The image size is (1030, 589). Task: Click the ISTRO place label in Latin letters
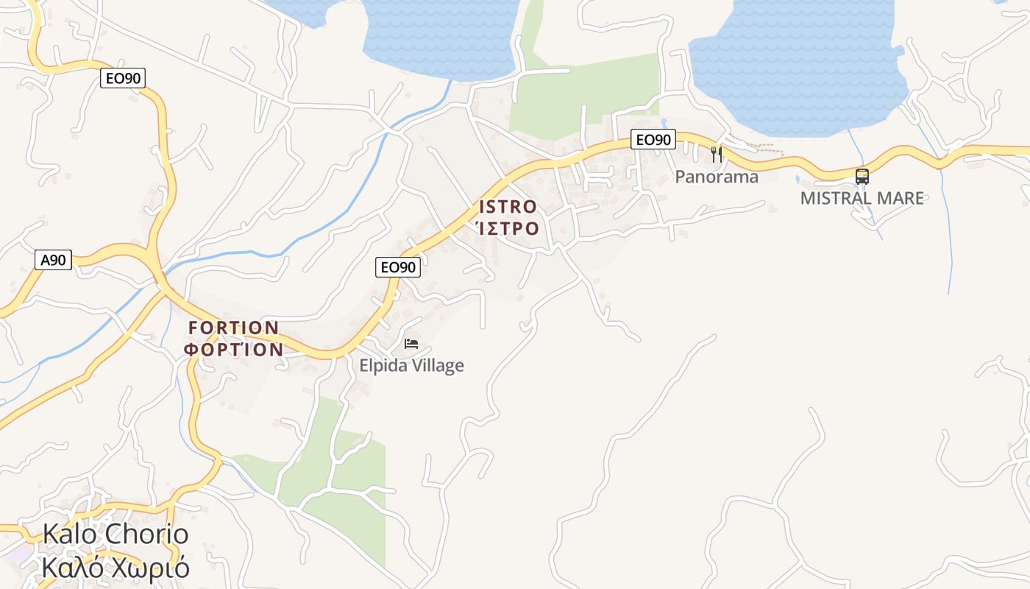pyautogui.click(x=508, y=206)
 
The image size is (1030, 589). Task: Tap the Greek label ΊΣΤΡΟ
pyautogui.click(x=508, y=228)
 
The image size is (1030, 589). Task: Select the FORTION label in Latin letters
pyautogui.click(x=234, y=328)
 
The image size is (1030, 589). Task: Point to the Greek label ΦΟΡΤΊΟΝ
pyautogui.click(x=234, y=350)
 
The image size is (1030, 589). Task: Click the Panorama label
pyautogui.click(x=717, y=177)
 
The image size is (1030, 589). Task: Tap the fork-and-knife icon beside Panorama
pyautogui.click(x=717, y=155)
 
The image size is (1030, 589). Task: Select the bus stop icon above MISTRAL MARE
pyautogui.click(x=862, y=177)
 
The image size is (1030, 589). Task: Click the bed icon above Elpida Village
pyautogui.click(x=411, y=344)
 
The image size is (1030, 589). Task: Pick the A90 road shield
pyautogui.click(x=54, y=259)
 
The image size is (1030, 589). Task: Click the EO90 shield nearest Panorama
pyautogui.click(x=653, y=139)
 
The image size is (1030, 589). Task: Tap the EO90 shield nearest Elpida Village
pyautogui.click(x=398, y=267)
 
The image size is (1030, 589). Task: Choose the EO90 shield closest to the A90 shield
pyautogui.click(x=123, y=78)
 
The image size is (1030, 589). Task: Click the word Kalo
pyautogui.click(x=71, y=534)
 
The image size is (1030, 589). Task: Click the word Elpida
pyautogui.click(x=384, y=365)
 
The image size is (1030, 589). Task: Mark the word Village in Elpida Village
pyautogui.click(x=438, y=365)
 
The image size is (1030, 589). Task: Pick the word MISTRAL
pyautogui.click(x=837, y=198)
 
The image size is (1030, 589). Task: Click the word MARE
pyautogui.click(x=901, y=198)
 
